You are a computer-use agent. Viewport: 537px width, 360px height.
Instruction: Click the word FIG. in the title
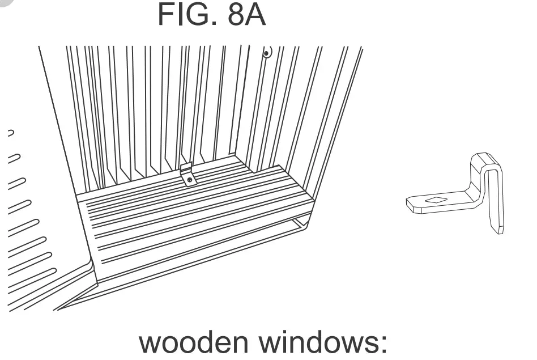tap(187, 16)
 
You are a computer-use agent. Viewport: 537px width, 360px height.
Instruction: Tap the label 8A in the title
tap(246, 16)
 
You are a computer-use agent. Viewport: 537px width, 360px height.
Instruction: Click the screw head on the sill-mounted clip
tap(190, 180)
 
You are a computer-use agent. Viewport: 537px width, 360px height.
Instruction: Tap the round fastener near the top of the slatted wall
tap(266, 53)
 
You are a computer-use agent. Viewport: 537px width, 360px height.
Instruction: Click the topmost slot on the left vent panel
tap(10, 134)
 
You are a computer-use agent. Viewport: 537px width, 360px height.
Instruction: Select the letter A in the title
tap(255, 16)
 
